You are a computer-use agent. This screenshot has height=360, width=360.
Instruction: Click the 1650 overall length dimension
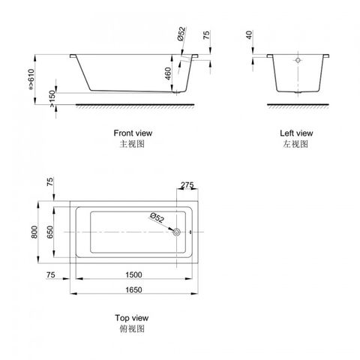click(133, 289)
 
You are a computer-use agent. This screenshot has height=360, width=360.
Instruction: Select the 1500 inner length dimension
click(133, 274)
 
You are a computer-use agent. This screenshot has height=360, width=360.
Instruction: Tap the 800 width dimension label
click(34, 232)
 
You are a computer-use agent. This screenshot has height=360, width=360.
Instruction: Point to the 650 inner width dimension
click(50, 232)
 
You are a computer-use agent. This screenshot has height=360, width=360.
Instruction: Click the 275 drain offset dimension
click(187, 185)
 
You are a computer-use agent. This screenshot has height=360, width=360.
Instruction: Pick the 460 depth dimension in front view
click(168, 73)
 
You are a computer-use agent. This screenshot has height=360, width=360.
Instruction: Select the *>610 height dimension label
click(31, 79)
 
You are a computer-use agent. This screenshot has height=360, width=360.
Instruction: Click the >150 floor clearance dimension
click(52, 99)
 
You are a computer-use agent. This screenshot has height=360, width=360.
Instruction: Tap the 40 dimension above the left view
click(249, 35)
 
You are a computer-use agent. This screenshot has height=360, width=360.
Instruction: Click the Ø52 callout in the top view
click(157, 217)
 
